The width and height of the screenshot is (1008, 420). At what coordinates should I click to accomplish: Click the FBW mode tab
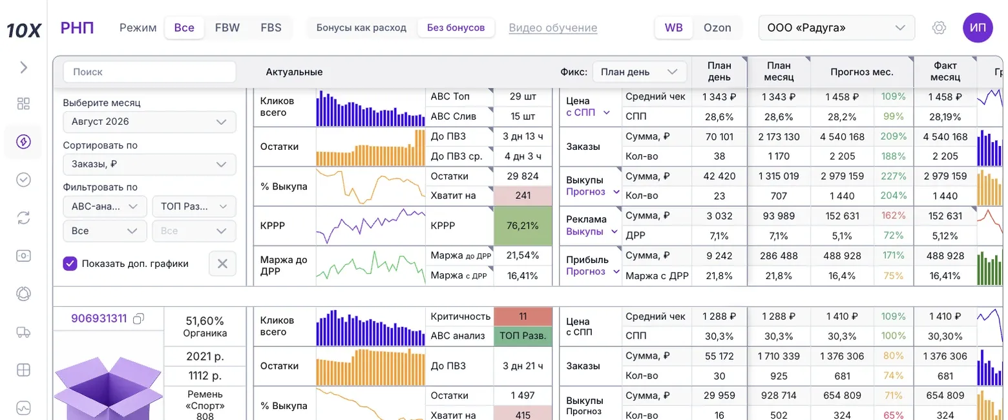pos(227,27)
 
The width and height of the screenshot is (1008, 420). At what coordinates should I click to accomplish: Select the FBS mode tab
pos(271,27)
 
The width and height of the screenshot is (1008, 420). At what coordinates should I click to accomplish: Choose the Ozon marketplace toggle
pos(717,27)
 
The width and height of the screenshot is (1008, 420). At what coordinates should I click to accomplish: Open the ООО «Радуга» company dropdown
pos(836,27)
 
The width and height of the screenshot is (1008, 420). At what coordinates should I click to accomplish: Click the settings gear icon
pos(939,27)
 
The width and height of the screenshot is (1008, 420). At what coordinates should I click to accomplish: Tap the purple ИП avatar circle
pos(978,27)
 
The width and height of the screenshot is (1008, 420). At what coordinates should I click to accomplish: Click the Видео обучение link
pos(552,27)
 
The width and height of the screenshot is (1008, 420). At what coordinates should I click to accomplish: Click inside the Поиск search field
pos(149,72)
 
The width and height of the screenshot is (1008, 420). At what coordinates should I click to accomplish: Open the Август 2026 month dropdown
pos(149,121)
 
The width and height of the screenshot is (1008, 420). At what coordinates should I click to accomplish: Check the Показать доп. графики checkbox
pos(70,264)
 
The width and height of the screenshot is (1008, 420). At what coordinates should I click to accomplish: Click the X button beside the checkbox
pos(222,264)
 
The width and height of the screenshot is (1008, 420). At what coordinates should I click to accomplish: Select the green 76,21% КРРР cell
pos(523,226)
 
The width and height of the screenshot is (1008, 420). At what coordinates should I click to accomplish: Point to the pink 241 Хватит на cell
pos(523,195)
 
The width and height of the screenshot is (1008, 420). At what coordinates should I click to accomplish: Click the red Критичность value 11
pos(523,317)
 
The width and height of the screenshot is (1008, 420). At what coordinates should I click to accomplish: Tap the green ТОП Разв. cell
pos(523,336)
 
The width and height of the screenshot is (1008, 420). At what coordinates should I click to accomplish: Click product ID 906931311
pos(99,319)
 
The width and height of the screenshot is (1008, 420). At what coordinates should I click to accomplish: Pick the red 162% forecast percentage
pos(893,216)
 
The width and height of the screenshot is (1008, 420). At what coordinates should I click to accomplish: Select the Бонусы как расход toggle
pos(361,27)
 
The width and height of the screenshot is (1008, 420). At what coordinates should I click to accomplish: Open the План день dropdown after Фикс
pos(639,72)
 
